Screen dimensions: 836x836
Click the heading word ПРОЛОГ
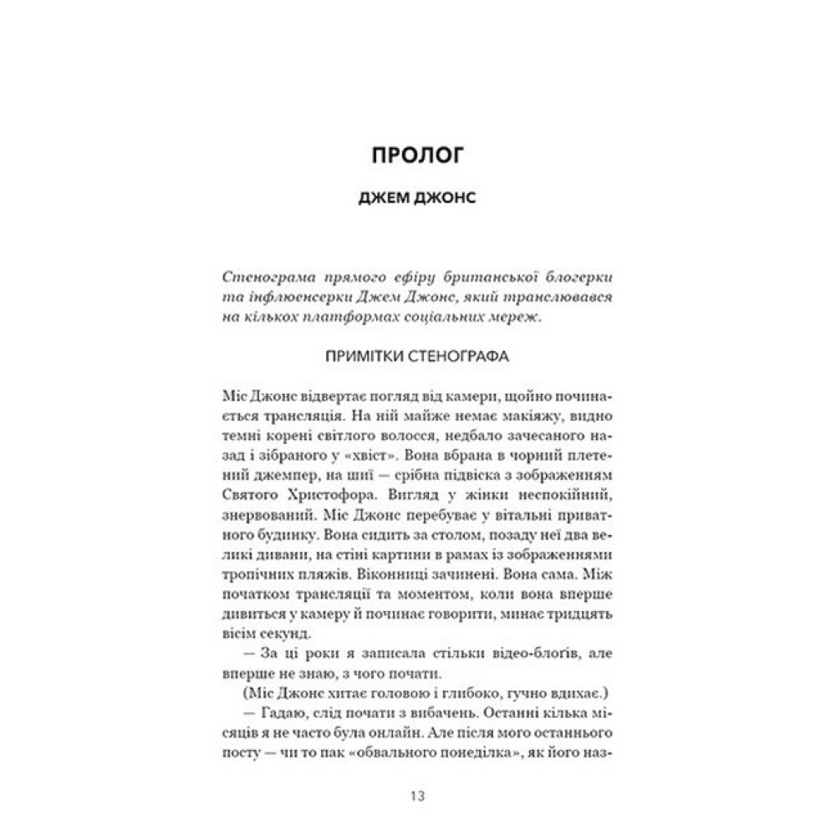click(418, 156)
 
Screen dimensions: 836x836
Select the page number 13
click(418, 795)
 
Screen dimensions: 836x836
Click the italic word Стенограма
click(252, 277)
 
